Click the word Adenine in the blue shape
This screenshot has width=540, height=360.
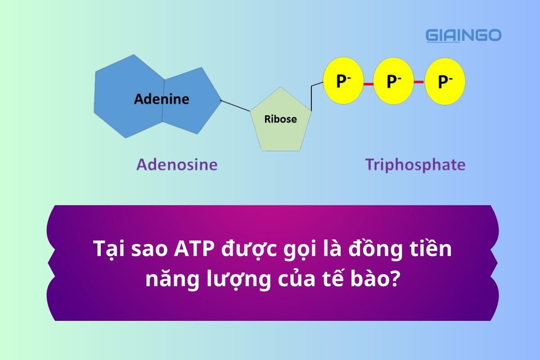[x=162, y=99]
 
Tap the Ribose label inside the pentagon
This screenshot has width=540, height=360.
[x=280, y=119]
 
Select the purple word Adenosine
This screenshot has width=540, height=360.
[x=177, y=165]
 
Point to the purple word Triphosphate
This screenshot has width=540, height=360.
[x=415, y=165]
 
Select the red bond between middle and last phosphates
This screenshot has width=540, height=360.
[x=419, y=83]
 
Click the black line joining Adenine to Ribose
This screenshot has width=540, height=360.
[x=235, y=105]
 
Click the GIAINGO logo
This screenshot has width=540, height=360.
[x=463, y=35]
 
